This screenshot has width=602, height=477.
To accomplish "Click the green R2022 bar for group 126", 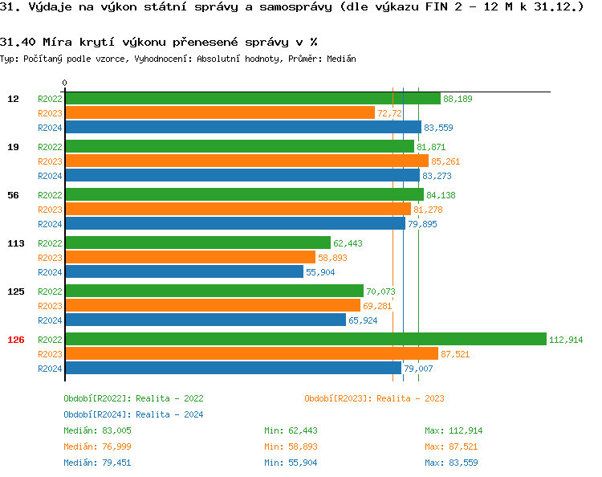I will pyautogui.click(x=305, y=339).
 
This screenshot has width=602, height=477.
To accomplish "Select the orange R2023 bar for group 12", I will pyautogui.click(x=219, y=113).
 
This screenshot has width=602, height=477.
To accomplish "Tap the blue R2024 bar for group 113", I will pyautogui.click(x=184, y=272).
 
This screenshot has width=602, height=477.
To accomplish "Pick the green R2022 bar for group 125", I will pyautogui.click(x=214, y=291).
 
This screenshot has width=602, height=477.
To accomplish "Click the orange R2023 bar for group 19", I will pyautogui.click(x=246, y=161).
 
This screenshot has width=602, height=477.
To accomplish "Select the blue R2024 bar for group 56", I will pyautogui.click(x=234, y=224).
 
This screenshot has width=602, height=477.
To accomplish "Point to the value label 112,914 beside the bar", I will pyautogui.click(x=566, y=340).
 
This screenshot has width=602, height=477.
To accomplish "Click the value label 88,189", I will pyautogui.click(x=458, y=99).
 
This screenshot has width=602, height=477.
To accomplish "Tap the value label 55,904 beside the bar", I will pyautogui.click(x=320, y=272).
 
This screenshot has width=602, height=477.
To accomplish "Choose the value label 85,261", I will pyautogui.click(x=445, y=161).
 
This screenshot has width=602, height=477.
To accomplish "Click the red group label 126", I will pyautogui.click(x=16, y=340).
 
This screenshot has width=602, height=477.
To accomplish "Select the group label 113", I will pyautogui.click(x=16, y=243).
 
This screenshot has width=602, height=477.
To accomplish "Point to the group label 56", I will pyautogui.click(x=13, y=195).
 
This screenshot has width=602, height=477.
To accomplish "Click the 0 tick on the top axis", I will pyautogui.click(x=65, y=83).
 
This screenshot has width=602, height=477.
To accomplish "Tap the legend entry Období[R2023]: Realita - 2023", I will pyautogui.click(x=374, y=398).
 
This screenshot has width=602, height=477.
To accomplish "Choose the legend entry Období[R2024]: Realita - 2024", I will pyautogui.click(x=133, y=414).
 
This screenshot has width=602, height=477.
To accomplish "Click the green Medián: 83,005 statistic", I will pyautogui.click(x=93, y=430).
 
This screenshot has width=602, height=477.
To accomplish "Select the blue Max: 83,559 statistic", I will pyautogui.click(x=454, y=463).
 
